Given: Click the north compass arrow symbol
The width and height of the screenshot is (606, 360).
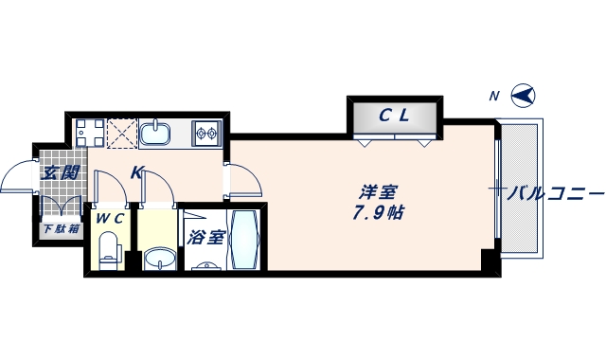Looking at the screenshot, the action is tap(524, 96).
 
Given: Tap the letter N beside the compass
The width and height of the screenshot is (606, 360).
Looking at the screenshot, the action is tap(493, 96).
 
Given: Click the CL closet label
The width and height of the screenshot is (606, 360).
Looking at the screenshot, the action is tap(394, 117).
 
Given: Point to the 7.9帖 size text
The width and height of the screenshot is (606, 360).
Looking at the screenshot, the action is tap(378, 213).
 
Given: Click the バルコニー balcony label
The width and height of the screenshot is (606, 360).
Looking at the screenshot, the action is tap(555, 193).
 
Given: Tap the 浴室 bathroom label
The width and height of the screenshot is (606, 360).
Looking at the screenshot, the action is tap(205, 237).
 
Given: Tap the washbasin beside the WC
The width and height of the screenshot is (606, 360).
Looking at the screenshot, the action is tap(159, 257).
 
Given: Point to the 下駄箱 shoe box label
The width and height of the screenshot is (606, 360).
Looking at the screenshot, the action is tap(59, 229).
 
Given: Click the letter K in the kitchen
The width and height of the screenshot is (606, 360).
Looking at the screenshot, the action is tap(136, 172).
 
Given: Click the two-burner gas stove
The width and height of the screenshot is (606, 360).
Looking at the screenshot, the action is tap(206, 133).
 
